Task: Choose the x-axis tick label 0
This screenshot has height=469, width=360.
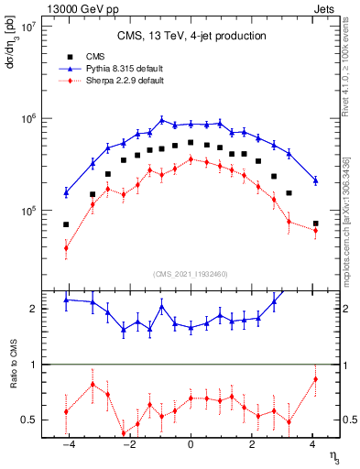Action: [191, 445]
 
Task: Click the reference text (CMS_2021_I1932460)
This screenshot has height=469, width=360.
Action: [191, 274]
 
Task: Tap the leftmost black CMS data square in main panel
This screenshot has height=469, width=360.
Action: [66, 224]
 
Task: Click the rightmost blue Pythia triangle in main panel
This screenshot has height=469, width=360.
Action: [315, 180]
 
